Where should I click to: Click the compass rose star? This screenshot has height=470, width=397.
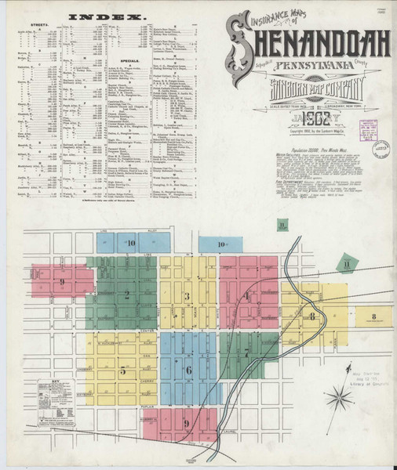[339, 399]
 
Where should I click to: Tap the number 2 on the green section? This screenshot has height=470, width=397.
[126, 295]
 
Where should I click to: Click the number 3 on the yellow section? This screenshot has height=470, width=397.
[186, 295]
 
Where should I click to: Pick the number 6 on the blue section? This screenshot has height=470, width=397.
[188, 370]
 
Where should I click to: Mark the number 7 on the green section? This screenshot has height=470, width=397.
[246, 352]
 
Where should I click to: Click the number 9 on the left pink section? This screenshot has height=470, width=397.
[61, 281]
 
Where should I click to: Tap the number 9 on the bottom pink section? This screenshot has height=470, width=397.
[186, 423]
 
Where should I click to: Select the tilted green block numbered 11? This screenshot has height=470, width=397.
[345, 265]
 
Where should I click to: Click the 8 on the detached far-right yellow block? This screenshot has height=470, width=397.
[374, 316]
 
